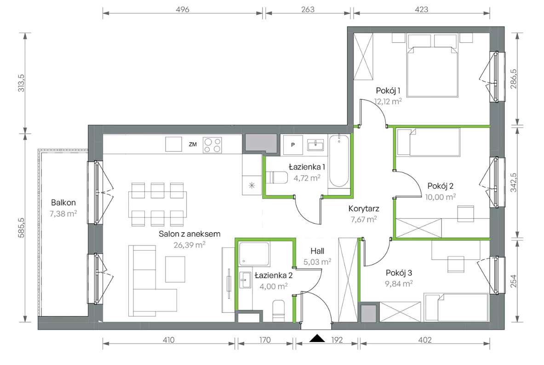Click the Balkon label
pyautogui.click(x=63, y=203)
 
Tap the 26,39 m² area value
pyautogui.click(x=189, y=245)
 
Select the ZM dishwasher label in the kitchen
pyautogui.click(x=193, y=144)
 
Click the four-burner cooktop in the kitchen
pyautogui.click(x=212, y=145)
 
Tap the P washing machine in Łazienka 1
pyautogui.click(x=293, y=145)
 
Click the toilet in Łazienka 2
pyautogui.click(x=279, y=311)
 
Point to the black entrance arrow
pyautogui.click(x=317, y=338)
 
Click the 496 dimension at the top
pyautogui.click(x=183, y=9)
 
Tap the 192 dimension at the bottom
pyautogui.click(x=337, y=340)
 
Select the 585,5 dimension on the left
pyautogui.click(x=21, y=227)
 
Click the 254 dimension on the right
pyautogui.click(x=514, y=281)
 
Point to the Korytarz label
pyautogui.click(x=364, y=209)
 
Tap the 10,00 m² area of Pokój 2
pyautogui.click(x=440, y=197)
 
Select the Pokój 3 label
pyautogui.click(x=399, y=273)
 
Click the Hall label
pyautogui.click(x=317, y=251)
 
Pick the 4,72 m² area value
pyautogui.click(x=307, y=178)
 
